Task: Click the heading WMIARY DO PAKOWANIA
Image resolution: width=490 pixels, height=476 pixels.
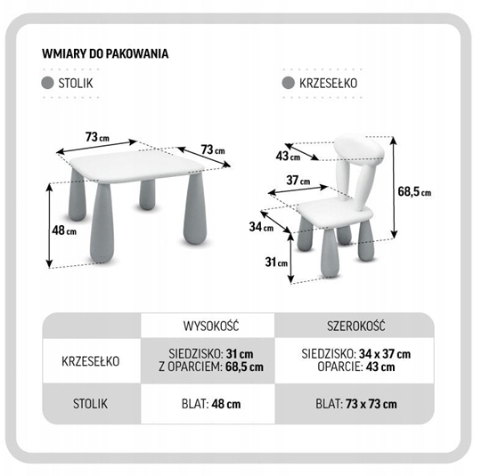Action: [105, 53]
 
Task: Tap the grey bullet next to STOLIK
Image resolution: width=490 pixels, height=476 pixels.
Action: [47, 83]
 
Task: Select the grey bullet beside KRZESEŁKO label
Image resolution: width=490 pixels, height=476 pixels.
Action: [288, 83]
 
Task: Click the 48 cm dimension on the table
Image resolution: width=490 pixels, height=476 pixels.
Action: [64, 230]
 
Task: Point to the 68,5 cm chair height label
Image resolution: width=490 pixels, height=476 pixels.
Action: [414, 191]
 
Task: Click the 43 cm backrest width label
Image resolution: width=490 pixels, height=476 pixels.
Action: [288, 156]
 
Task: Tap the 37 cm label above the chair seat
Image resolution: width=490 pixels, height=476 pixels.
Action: [298, 180]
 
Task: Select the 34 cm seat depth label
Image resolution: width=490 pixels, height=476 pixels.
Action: [261, 227]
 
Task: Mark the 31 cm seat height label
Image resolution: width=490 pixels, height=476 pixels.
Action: [276, 262]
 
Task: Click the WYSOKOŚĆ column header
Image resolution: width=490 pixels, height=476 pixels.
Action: [211, 326]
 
